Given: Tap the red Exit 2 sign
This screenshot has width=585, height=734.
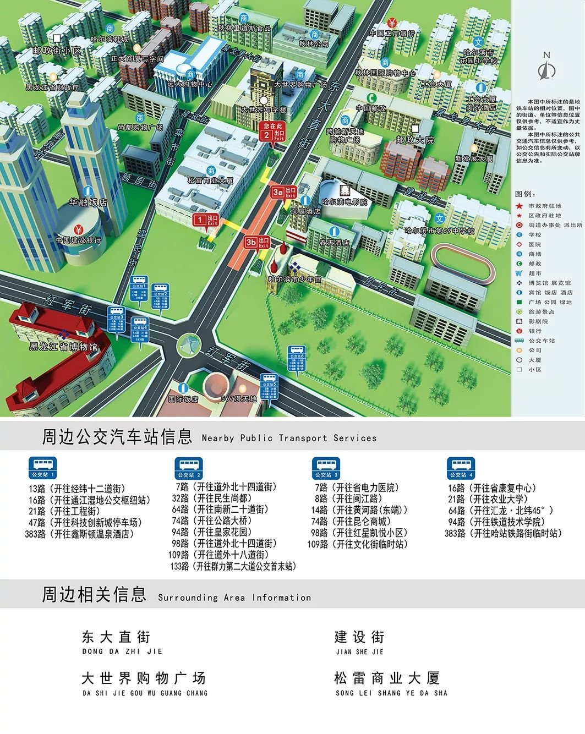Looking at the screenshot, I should [x=272, y=132].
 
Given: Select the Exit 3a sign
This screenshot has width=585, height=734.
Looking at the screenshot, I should [x=284, y=191].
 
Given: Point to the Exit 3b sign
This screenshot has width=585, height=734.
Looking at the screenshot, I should [x=257, y=242].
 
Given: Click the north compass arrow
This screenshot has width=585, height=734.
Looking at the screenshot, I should [x=546, y=68].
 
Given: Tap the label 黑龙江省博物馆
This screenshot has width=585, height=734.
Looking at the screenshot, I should [x=63, y=347].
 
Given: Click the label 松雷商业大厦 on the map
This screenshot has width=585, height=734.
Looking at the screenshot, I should [x=211, y=180].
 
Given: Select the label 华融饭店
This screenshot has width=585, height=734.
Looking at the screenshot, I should [x=88, y=202].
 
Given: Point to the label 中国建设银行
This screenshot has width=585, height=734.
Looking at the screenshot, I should [x=78, y=240].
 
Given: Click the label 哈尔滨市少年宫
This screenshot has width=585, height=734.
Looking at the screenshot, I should [x=294, y=279].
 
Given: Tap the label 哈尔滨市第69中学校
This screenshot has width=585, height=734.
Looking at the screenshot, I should [x=439, y=231].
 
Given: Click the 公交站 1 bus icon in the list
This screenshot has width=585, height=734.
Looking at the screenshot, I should [x=43, y=467].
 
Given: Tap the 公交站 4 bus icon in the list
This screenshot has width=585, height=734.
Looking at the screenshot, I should [x=460, y=467].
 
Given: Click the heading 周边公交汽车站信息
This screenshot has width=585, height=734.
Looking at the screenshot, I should [x=117, y=436].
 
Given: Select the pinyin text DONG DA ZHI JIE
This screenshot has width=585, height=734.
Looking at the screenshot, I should [x=122, y=651].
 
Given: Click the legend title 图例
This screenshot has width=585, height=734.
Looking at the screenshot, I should [x=526, y=194].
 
